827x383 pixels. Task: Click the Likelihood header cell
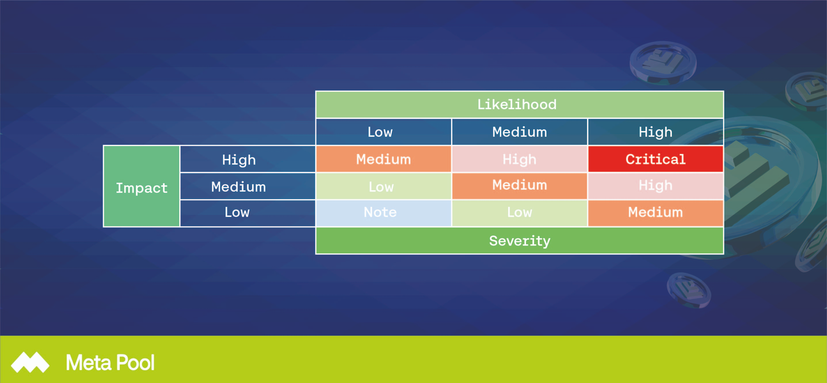[x=519, y=105]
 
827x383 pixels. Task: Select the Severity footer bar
[x=519, y=241]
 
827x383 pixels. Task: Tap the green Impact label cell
[x=141, y=186]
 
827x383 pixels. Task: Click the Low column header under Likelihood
[x=384, y=132]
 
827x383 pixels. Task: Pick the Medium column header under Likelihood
[x=519, y=132]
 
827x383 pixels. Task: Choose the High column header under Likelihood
[x=655, y=132]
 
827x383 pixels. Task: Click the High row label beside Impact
[x=247, y=159]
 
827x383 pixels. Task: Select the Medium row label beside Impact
[x=247, y=186]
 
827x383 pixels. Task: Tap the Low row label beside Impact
[x=247, y=213]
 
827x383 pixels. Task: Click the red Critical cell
[x=655, y=159]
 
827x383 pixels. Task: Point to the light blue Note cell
[x=384, y=213]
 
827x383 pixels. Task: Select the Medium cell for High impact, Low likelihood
[x=384, y=159]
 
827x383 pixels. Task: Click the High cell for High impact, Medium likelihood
[x=519, y=159]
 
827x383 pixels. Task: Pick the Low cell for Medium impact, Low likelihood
[x=384, y=186]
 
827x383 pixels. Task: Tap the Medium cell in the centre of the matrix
[x=519, y=186]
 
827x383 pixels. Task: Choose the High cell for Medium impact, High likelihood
[x=655, y=186]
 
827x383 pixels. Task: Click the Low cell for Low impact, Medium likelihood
[x=519, y=213]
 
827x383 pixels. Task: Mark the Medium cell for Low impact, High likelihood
[x=655, y=213]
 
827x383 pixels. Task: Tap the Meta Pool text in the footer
[x=110, y=363]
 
